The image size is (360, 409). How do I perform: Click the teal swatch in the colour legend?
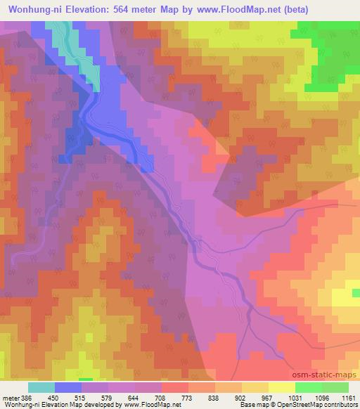click(41, 387)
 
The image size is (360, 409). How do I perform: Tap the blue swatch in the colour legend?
click(68, 387)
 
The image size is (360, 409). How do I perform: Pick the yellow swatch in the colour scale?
click(282, 387)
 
